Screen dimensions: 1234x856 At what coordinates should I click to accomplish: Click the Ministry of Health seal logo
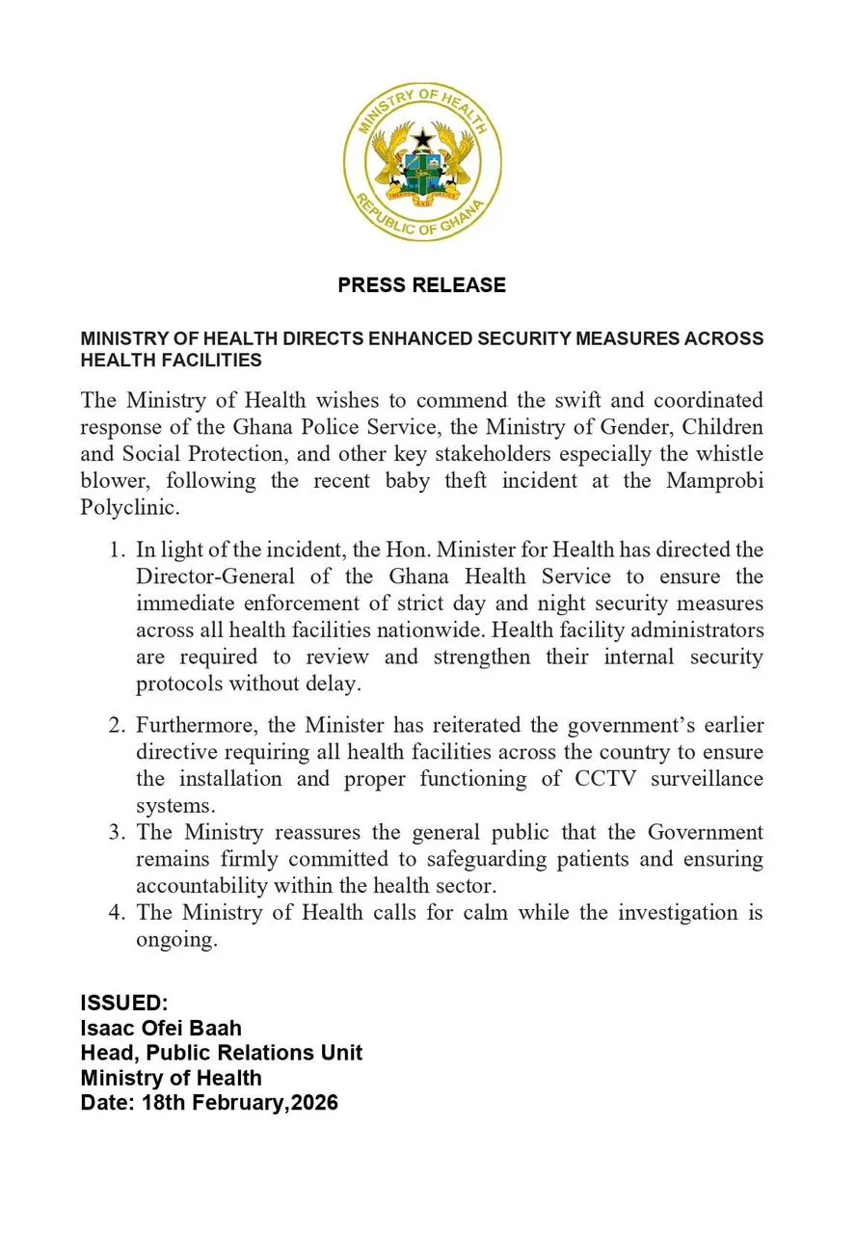tap(422, 162)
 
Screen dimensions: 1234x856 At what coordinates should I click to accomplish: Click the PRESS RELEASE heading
tap(421, 285)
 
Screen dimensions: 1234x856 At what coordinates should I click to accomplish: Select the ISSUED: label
tap(124, 1003)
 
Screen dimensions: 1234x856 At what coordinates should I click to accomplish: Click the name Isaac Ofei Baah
tap(161, 1028)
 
